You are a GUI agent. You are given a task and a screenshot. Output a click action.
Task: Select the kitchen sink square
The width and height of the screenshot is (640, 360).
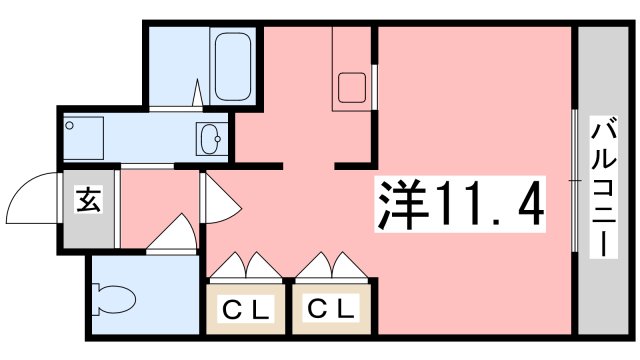click(x=353, y=88)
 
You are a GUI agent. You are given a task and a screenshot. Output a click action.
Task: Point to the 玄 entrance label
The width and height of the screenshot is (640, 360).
click(x=87, y=201)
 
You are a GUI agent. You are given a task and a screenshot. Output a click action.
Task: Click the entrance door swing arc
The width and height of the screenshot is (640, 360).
click(x=30, y=197)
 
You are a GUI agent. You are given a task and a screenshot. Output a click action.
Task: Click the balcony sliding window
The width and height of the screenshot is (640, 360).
click(x=574, y=180)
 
